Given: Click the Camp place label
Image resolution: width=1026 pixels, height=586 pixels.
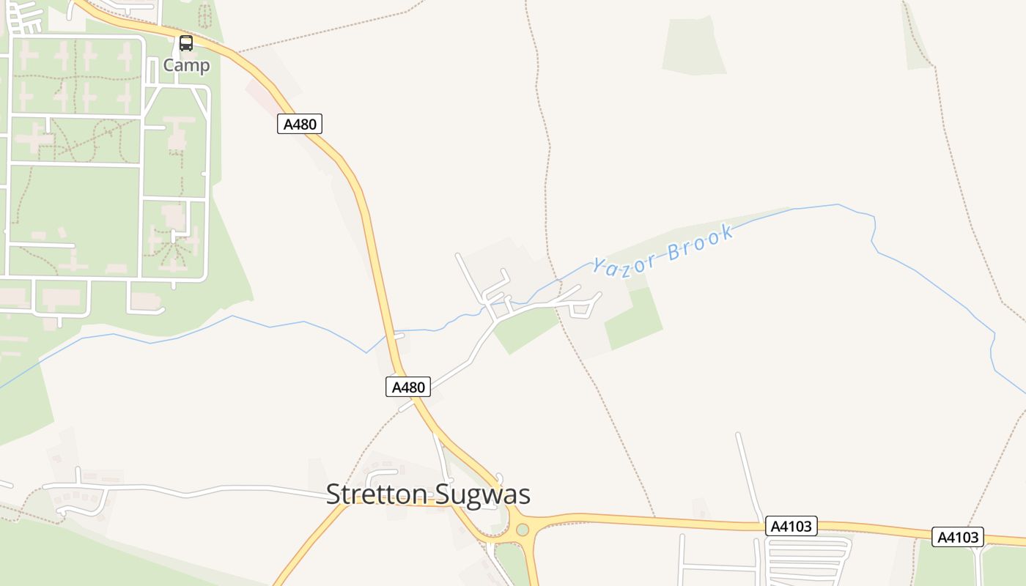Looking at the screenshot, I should (x=186, y=65).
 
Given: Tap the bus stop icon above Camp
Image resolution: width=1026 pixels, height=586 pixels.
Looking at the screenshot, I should (x=186, y=43).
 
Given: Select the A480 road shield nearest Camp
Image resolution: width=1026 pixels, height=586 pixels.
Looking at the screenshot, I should (x=300, y=124).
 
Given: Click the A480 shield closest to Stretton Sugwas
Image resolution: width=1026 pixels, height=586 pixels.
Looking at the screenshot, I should (x=408, y=387).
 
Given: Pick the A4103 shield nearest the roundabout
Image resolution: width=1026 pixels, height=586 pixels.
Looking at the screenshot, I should (x=791, y=526).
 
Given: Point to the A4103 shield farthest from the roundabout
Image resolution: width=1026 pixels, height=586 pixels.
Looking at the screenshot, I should (x=958, y=537).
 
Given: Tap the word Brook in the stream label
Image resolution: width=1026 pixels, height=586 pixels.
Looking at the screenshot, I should (x=701, y=243).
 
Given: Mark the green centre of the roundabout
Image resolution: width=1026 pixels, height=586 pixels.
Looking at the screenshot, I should (x=522, y=530).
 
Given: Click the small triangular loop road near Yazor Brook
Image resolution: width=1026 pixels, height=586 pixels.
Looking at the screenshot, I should (x=582, y=309).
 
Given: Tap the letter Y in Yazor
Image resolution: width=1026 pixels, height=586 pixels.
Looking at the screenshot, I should (x=599, y=266).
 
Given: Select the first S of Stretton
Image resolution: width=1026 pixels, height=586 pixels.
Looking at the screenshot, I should (x=333, y=494).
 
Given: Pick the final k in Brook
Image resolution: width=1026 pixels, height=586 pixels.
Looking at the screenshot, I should (x=727, y=233).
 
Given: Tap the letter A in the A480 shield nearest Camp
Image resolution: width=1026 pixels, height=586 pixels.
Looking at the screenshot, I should (x=288, y=124).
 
